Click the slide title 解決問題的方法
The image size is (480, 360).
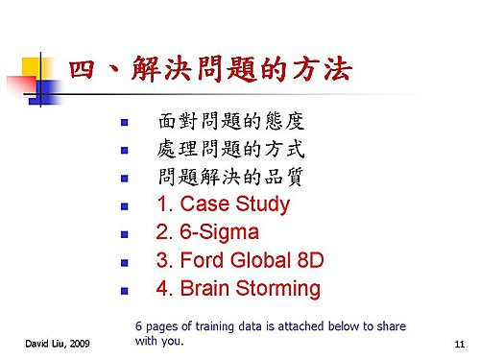tap(242, 68)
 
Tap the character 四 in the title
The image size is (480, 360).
tap(82, 69)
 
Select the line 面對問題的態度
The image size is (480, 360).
tap(231, 121)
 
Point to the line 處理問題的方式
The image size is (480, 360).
tap(230, 149)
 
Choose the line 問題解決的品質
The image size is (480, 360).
tap(230, 177)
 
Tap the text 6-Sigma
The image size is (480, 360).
tap(219, 232)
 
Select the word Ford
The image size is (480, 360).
tap(203, 260)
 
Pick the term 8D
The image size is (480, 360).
tap(310, 260)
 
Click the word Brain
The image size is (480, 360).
tap(204, 288)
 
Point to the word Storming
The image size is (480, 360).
tap(278, 289)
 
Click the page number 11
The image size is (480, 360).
tap(460, 344)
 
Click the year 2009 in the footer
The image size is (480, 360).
tap(80, 344)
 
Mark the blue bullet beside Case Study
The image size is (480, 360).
tap(125, 206)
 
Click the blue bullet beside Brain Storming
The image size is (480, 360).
tap(125, 291)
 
